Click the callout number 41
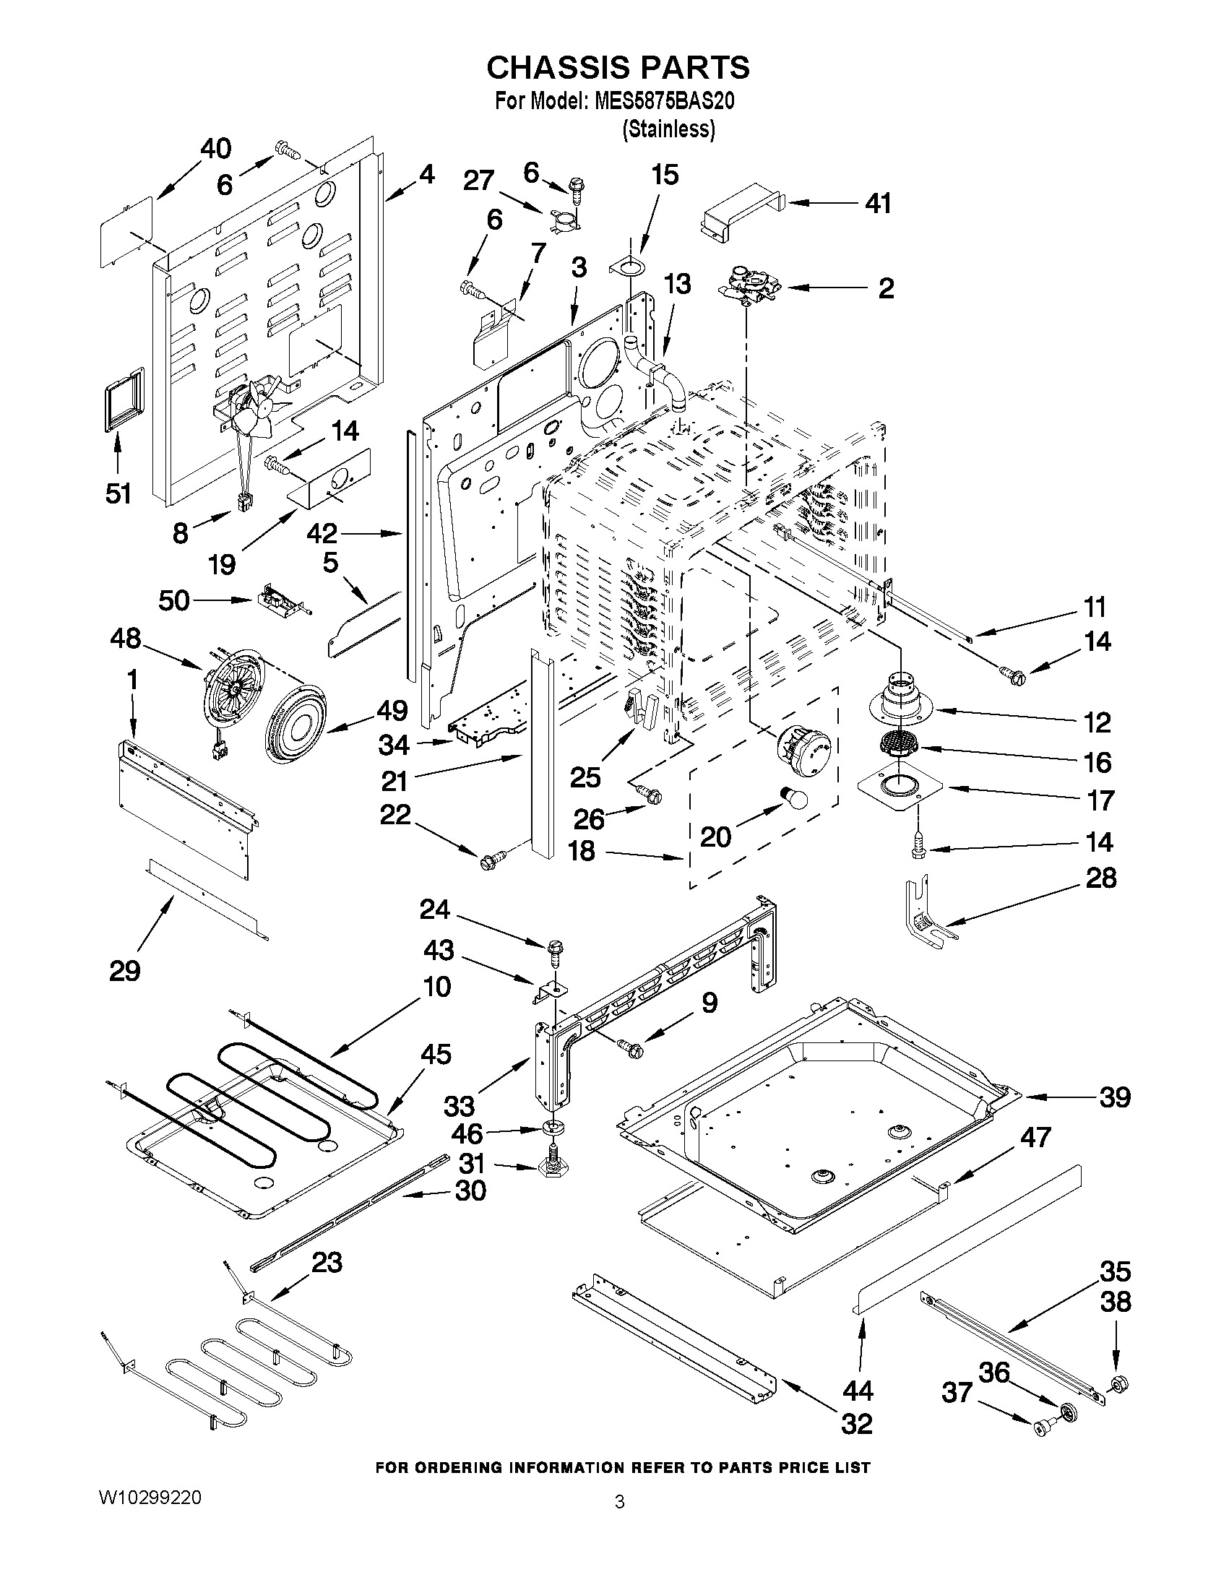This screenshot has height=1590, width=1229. tap(878, 204)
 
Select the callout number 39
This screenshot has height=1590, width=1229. tap(1115, 1097)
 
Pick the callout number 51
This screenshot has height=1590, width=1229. tap(117, 493)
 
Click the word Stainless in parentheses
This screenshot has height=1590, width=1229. tap(668, 129)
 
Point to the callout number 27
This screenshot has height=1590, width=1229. tap(479, 180)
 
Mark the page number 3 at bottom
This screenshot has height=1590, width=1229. tap(619, 1501)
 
